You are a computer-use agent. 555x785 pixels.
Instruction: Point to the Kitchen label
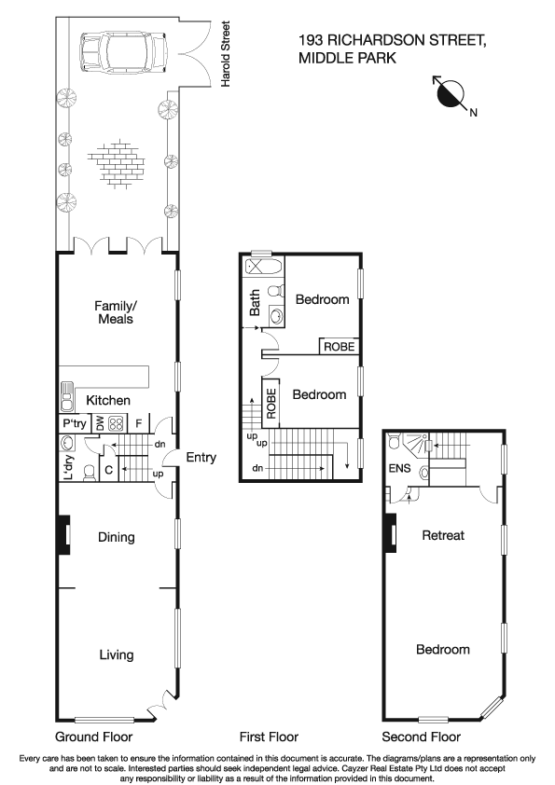(108, 400)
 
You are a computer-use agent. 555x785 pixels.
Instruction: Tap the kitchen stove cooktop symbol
(118, 423)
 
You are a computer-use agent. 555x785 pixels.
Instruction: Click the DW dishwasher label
(100, 423)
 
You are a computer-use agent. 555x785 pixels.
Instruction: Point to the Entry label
(201, 457)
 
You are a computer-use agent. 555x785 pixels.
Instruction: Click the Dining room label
(117, 537)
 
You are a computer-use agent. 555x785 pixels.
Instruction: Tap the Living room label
(117, 654)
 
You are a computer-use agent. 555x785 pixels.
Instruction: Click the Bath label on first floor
(255, 303)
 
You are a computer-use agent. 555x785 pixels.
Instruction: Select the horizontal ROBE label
(339, 347)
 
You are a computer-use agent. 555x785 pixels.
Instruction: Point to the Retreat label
(443, 535)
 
